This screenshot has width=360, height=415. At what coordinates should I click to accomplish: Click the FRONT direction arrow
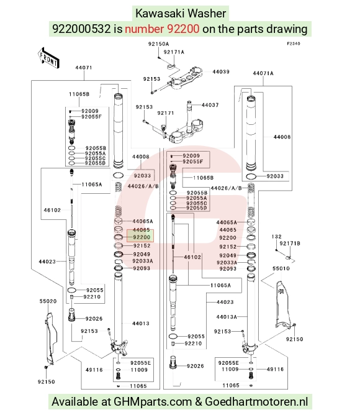pyautogui.click(x=48, y=58)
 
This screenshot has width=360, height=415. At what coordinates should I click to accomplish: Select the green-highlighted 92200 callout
pyautogui.click(x=140, y=236)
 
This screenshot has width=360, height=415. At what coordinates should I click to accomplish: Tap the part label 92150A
pyautogui.click(x=158, y=44)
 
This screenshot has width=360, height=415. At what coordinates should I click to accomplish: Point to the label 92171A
pyautogui.click(x=174, y=52)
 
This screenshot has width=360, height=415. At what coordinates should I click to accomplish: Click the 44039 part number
pyautogui.click(x=221, y=71)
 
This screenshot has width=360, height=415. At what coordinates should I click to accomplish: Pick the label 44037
pyautogui.click(x=210, y=105)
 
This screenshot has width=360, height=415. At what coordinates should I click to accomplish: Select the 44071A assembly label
pyautogui.click(x=263, y=73)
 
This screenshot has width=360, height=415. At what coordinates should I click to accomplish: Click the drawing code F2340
pyautogui.click(x=294, y=43)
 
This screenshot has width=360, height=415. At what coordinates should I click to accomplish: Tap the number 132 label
pyautogui.click(x=276, y=237)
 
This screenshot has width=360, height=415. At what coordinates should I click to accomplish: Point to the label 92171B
pyautogui.click(x=290, y=244)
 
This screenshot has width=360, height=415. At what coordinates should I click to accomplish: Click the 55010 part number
pyautogui.click(x=281, y=268)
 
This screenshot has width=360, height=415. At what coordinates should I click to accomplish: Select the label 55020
pyautogui.click(x=48, y=301)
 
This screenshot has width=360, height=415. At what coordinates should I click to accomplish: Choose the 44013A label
pyautogui.click(x=227, y=317)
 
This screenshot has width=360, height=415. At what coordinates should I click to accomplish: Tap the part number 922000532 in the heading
pyautogui.click(x=81, y=29)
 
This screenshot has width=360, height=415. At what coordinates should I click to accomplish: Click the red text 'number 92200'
pyautogui.click(x=162, y=29)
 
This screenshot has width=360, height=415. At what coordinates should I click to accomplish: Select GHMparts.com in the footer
pyautogui.click(x=153, y=402)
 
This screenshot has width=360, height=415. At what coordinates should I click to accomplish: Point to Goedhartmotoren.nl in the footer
pyautogui.click(x=256, y=402)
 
